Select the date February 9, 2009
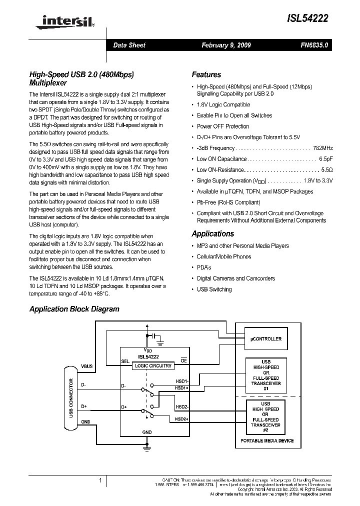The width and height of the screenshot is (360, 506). coord(226,45)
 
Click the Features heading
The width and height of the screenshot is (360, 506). coord(206,74)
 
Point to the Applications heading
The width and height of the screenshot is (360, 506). coord(212,233)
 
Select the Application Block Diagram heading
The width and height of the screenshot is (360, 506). coord(74,309)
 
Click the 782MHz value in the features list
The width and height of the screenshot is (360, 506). coord(322,148)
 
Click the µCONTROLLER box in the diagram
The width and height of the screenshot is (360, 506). coord(265,339)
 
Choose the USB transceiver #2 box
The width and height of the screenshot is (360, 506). coord(265,416)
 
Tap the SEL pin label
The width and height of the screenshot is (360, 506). coord(125,361)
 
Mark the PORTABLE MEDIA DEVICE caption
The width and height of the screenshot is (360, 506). coord(267,440)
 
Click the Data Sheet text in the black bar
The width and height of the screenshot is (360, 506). coord(129,45)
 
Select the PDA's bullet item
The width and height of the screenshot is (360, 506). coord(204,267)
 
